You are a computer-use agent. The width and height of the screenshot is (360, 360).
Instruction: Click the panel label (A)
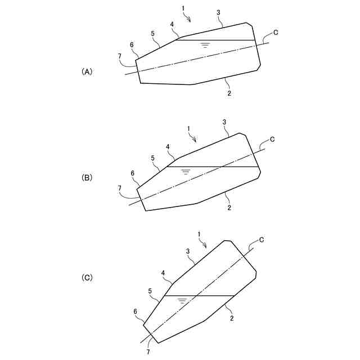coord(87,71)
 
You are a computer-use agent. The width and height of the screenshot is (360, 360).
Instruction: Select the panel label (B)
coord(87,177)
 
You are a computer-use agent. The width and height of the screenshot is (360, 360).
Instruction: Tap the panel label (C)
coord(87,277)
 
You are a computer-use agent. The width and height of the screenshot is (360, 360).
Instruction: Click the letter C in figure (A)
coord(275,31)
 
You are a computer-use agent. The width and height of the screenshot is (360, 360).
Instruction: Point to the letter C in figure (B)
coord(272,139)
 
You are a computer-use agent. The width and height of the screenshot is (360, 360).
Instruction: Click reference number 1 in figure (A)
coord(184,9)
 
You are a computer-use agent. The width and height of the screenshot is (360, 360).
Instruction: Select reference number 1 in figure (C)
coord(199,233)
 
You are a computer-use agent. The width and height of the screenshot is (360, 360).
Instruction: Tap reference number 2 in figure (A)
coord(229,93)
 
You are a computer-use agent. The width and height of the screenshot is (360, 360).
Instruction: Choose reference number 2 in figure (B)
coord(229,208)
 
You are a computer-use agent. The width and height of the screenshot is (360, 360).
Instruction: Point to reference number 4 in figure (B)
coord(168,147)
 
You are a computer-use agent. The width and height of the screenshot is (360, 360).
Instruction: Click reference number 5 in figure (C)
coord(150,291)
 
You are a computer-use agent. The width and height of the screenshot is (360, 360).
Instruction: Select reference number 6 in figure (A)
coord(132,45)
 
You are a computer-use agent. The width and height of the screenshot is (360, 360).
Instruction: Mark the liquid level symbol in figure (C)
coord(182,300)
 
